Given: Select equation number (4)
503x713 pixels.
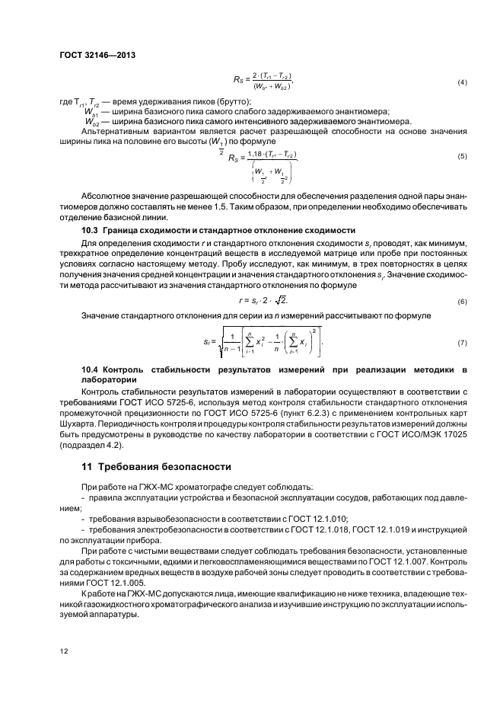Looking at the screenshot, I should (x=461, y=82).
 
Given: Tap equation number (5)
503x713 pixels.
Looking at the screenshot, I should (x=461, y=156).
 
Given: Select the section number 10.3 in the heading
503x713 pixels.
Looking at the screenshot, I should (x=91, y=229).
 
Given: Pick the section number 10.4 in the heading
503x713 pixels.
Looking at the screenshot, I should (x=91, y=369).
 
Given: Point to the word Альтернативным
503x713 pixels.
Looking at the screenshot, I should (x=111, y=131).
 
